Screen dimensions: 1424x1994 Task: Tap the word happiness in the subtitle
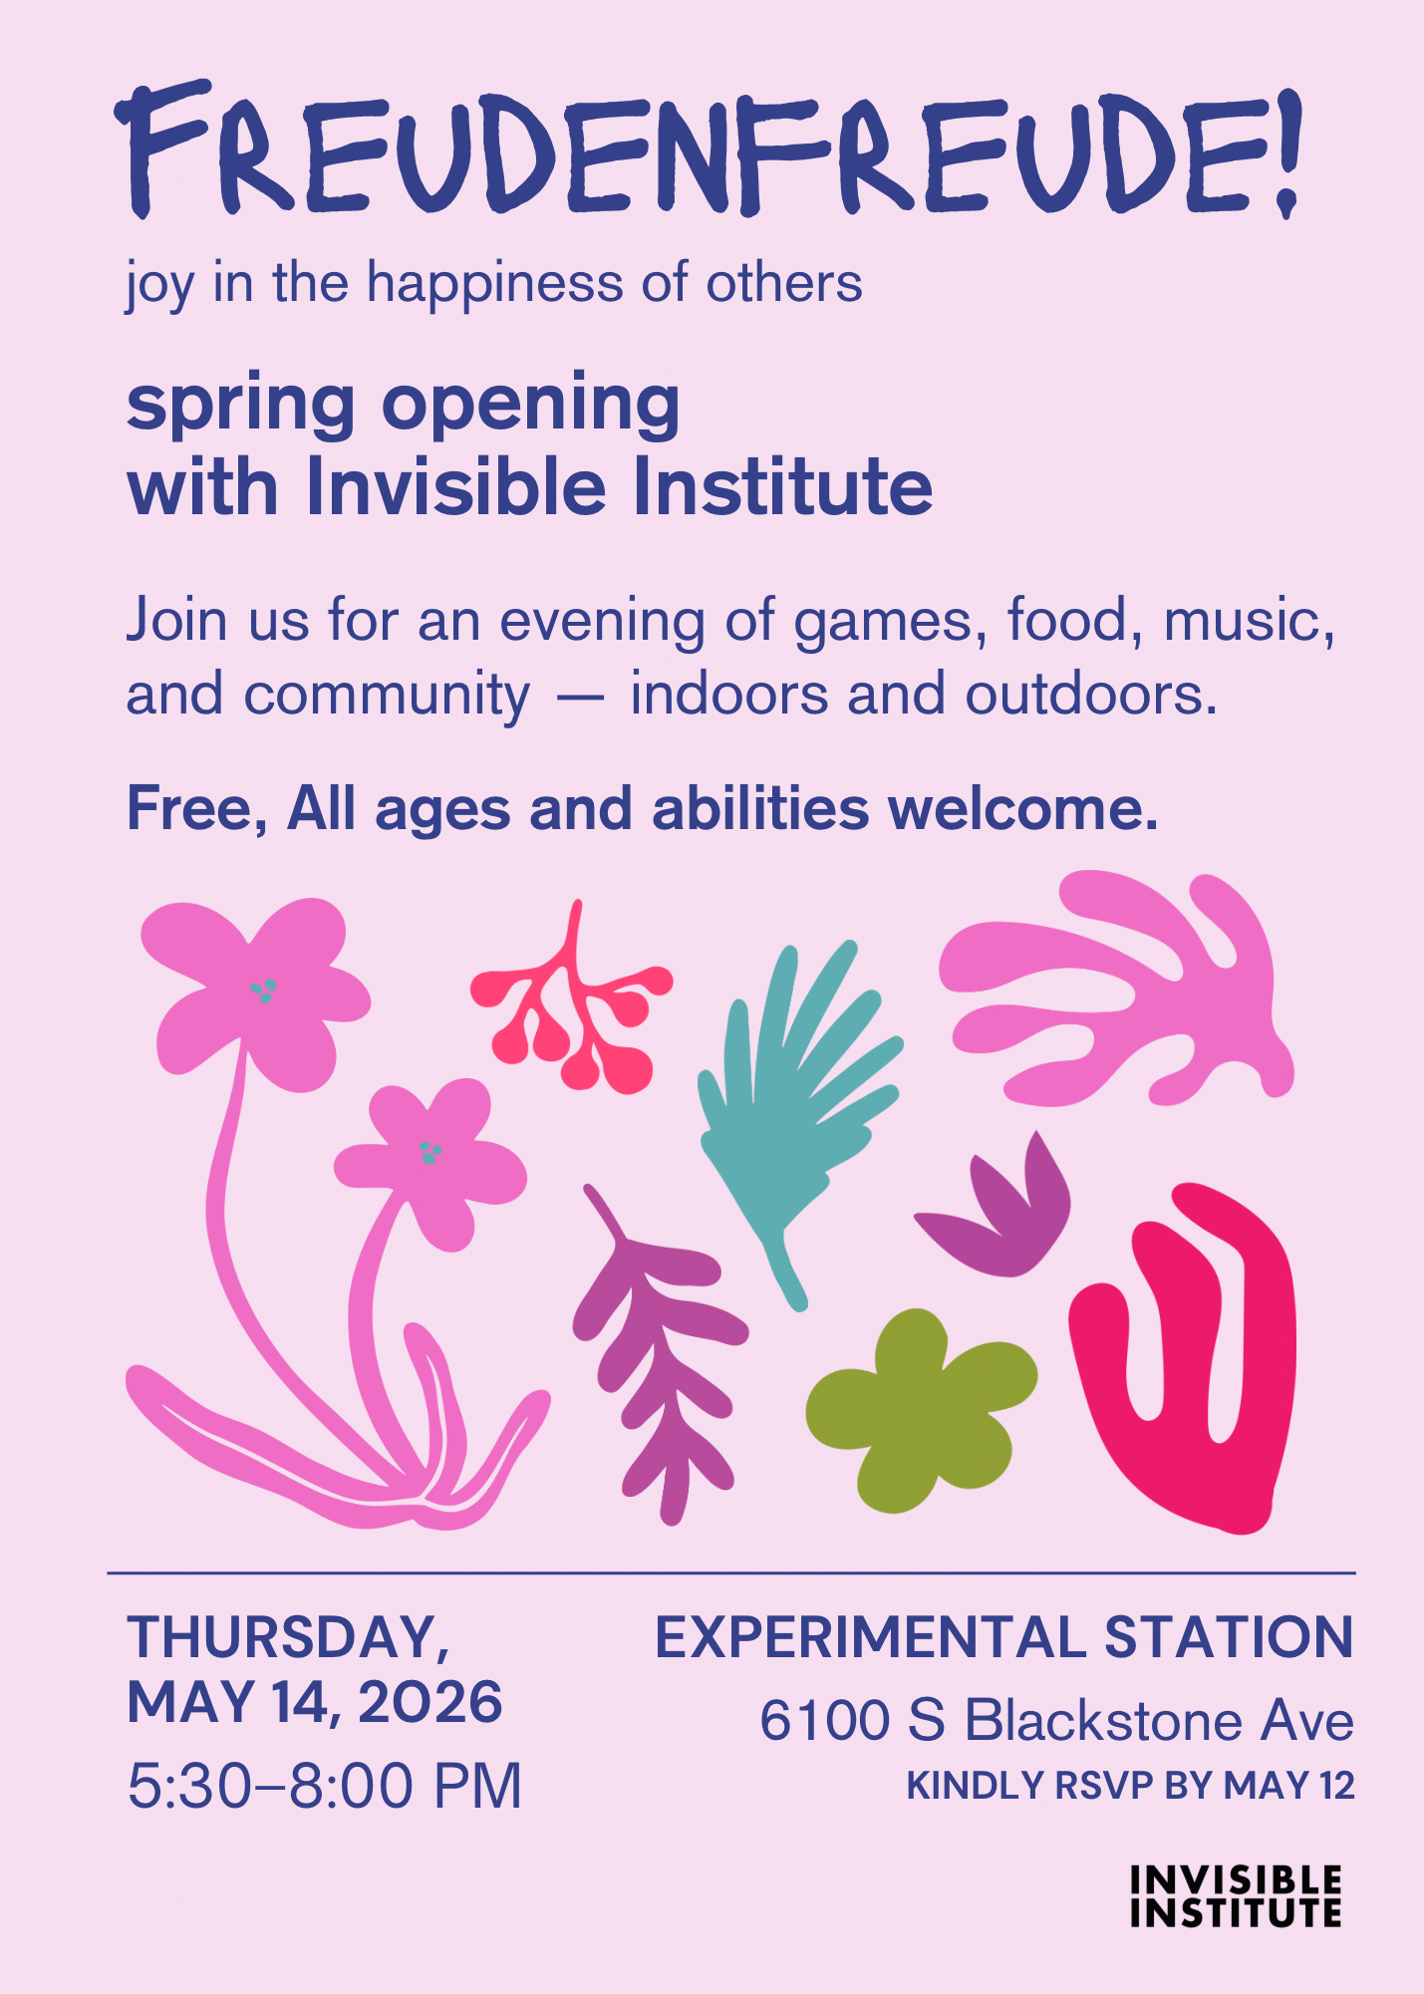[x=496, y=284]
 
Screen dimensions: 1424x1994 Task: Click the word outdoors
[x=1091, y=694]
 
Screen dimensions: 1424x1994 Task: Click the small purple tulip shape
[x=997, y=1211]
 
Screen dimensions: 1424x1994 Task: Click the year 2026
[x=430, y=1702]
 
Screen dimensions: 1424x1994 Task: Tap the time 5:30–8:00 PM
[x=325, y=1786]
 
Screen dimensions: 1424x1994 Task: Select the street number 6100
[x=824, y=1721]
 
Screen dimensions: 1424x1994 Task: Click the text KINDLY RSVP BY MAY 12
[x=1131, y=1786]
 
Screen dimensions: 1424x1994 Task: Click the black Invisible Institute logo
[x=1236, y=1896]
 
